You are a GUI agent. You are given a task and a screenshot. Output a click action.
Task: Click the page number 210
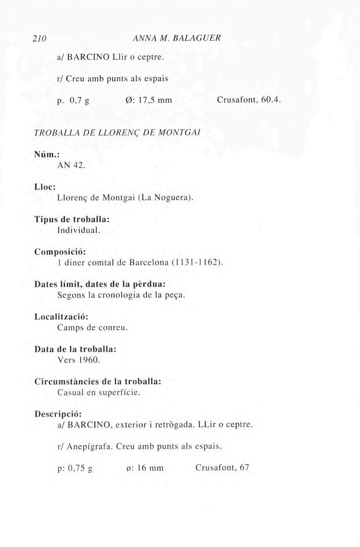click(x=39, y=38)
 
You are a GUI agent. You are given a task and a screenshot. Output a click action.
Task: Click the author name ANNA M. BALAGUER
click(x=177, y=38)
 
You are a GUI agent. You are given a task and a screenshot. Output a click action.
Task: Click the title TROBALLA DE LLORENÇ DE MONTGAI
click(x=118, y=132)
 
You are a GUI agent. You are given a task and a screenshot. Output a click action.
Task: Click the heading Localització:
click(x=61, y=316)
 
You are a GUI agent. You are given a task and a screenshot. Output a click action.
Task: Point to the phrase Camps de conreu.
click(x=93, y=327)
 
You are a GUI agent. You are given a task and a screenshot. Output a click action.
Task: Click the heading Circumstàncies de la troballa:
click(x=98, y=381)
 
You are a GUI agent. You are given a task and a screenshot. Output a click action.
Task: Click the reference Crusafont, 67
click(x=222, y=467)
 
